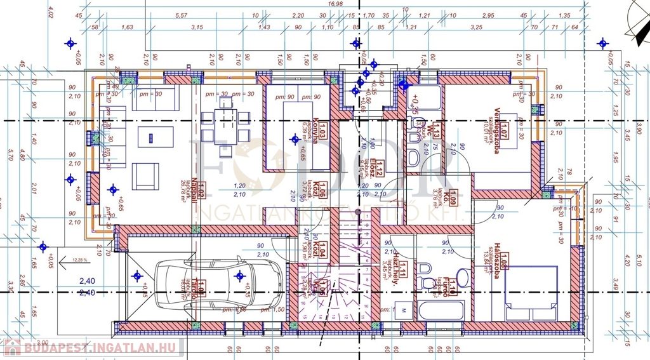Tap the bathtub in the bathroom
pos(441,311)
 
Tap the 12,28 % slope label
pos(81,260)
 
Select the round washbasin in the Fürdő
pos(463,277)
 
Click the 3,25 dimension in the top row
pos(476,27)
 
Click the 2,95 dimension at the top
pos(487,15)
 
